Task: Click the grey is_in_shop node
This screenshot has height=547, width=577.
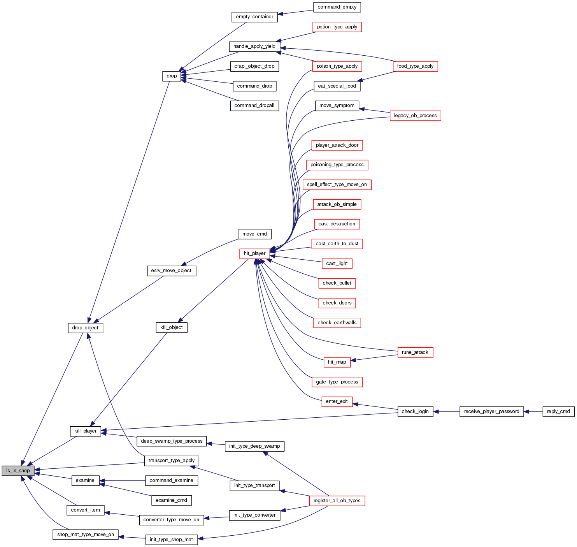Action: coord(18,471)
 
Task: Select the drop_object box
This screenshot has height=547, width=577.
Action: coord(85,328)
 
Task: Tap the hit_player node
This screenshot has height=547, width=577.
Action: coord(254,253)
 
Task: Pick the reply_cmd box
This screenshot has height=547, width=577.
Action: coord(558,412)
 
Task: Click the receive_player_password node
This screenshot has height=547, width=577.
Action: coord(491,412)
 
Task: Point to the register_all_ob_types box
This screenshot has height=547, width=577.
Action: coord(337,501)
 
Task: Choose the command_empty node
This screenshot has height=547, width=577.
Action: coord(337,7)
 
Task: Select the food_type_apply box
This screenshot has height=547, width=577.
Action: coord(415,66)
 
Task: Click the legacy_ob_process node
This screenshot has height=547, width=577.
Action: coord(415,116)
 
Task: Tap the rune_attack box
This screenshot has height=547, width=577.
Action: coord(415,352)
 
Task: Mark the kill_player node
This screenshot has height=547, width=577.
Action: coord(85,431)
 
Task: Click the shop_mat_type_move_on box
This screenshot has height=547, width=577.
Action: coord(85,535)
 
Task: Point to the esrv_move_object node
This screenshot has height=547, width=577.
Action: coord(171,271)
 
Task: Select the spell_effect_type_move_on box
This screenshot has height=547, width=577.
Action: coord(337,185)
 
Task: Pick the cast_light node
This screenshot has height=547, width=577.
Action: coord(337,264)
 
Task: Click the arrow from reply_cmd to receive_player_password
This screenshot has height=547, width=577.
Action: coord(533,412)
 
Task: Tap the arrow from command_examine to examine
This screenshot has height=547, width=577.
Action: coord(122,481)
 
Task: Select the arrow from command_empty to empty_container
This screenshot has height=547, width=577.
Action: coord(295,12)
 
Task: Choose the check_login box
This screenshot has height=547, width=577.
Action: coord(415,412)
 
